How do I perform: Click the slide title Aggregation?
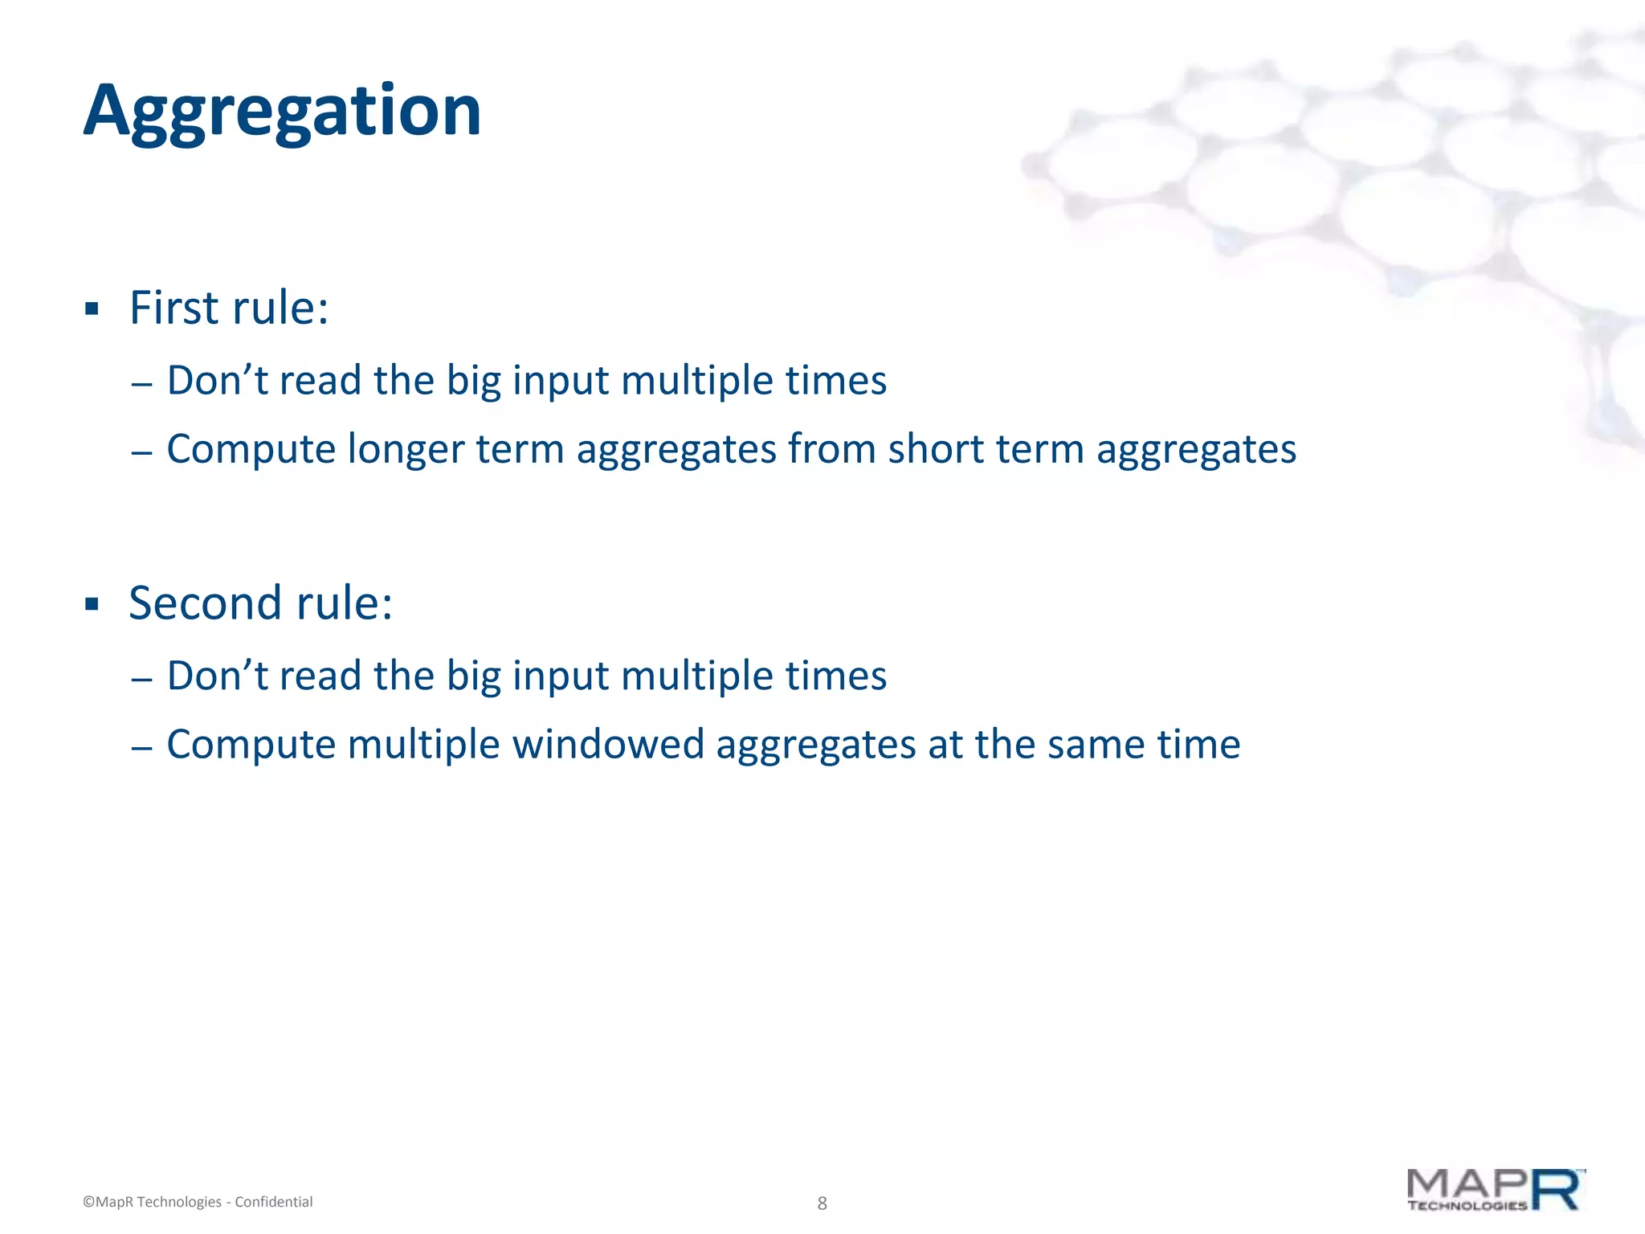[282, 112]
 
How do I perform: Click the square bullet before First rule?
[92, 309]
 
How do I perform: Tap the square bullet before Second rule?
[92, 604]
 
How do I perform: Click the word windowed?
[608, 744]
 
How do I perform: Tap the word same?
[1096, 744]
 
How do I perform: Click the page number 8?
[822, 1203]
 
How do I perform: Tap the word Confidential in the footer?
[273, 1202]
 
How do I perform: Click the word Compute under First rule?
[251, 450]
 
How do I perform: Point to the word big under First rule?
[473, 381]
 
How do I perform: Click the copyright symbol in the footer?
[88, 1203]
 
